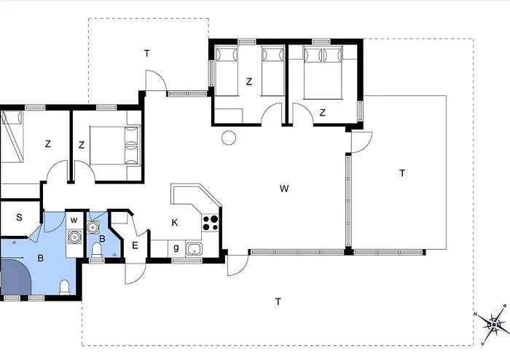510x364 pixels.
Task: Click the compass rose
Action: coord(494,324)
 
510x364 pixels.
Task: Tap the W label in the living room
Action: coord(284,189)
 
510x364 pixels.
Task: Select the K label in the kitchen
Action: coord(175,223)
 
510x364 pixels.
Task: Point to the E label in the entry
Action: coord(135,245)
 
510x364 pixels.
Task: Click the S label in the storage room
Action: coord(19,218)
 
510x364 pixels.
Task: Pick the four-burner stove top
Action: coord(211,223)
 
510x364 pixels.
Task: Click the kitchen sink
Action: coord(195,249)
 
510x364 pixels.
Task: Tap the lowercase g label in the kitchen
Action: coord(176,248)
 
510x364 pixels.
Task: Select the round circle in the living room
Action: coord(229,138)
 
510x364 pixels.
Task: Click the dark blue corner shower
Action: coord(15,276)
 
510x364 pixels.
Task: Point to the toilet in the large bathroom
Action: coord(65,288)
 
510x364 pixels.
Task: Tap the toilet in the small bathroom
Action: coord(97,250)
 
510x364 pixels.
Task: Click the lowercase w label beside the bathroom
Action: coord(74,221)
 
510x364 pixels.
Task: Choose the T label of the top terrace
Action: coord(147,54)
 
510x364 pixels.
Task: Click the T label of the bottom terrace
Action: coord(278,302)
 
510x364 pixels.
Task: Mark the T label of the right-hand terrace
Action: coord(402,173)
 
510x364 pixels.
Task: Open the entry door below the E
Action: coord(136,273)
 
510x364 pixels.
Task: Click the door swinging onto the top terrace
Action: coord(156,81)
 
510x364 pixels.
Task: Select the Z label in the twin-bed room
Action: coord(249,82)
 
